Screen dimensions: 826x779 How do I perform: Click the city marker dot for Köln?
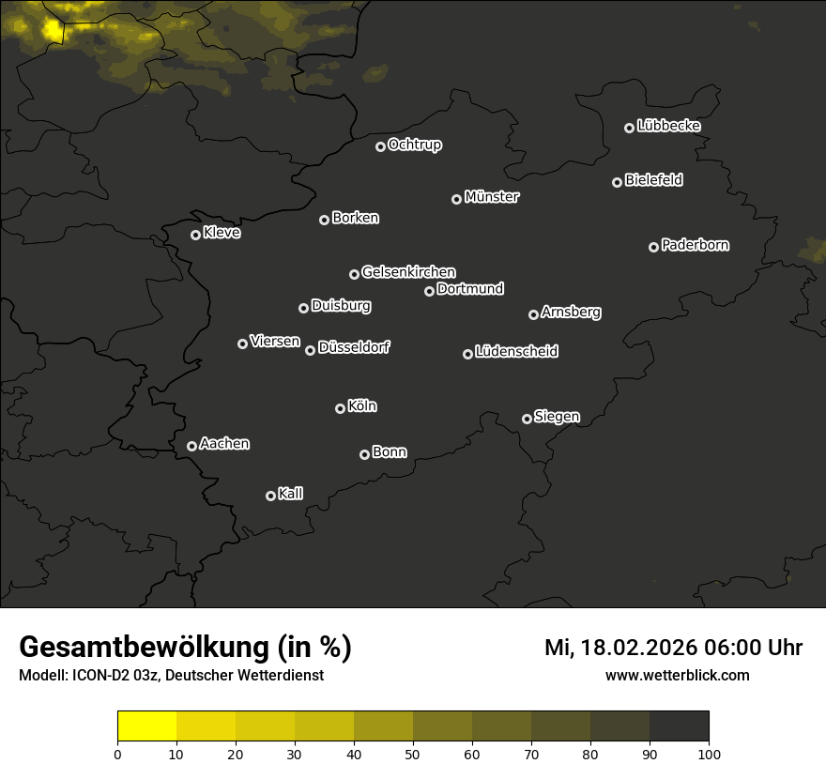[340, 408]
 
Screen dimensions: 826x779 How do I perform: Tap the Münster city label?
[492, 197]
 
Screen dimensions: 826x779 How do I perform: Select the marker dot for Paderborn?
[653, 247]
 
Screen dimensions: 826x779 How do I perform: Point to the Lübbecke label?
[668, 126]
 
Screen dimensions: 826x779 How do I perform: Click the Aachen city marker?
[191, 446]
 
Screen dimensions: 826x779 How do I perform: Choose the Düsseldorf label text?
[354, 347]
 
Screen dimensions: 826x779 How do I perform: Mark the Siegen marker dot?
[527, 419]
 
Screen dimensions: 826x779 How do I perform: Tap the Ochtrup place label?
[414, 145]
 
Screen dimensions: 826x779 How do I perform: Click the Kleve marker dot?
[195, 235]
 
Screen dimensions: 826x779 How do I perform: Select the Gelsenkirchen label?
[408, 272]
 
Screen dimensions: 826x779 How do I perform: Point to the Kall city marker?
[270, 496]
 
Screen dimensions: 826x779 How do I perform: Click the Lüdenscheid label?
[516, 352]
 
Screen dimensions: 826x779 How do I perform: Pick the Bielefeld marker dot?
[617, 182]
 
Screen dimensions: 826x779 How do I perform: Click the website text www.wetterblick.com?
[677, 675]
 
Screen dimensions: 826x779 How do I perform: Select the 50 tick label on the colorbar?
[413, 754]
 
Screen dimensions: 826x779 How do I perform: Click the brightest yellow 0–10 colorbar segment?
[147, 726]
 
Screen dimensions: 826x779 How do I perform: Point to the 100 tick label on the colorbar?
[709, 754]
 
